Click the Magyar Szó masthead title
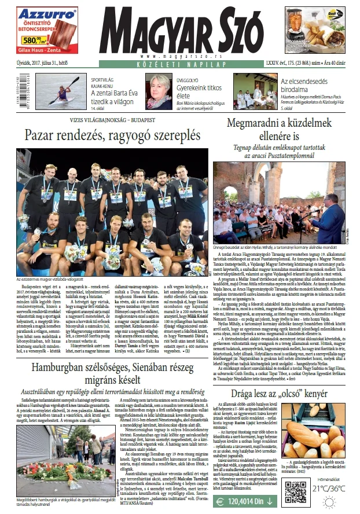point(181,31)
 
